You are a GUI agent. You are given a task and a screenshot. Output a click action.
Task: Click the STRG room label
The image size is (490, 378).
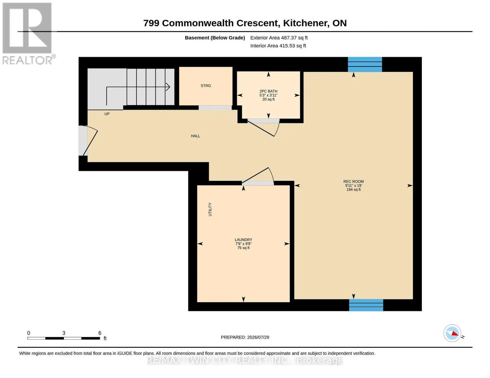(206, 86)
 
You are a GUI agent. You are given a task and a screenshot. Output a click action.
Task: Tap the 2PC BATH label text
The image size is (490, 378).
(268, 91)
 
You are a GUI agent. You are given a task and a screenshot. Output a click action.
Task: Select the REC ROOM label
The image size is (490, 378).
(353, 181)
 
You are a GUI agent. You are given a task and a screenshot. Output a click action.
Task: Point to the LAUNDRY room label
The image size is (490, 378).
(243, 240)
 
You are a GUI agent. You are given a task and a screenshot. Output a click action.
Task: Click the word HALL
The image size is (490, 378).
(195, 136)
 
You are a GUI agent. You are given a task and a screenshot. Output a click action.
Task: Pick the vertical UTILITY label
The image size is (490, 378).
(210, 209)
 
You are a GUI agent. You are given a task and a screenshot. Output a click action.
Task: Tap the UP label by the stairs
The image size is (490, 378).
(107, 114)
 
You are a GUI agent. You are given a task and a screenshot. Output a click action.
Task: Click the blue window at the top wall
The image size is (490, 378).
(365, 64)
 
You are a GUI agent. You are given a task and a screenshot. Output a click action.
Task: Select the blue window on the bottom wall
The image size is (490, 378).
(366, 305)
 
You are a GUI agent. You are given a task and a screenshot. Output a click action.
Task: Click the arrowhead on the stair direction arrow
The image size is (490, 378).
(168, 87)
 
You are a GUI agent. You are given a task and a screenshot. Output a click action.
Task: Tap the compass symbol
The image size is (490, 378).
(452, 333)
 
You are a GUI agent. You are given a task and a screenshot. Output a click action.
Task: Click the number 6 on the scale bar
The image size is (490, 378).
(100, 333)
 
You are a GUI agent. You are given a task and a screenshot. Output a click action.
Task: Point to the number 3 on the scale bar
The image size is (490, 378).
(64, 333)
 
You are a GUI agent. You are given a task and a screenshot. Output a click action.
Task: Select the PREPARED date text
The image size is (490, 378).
(245, 337)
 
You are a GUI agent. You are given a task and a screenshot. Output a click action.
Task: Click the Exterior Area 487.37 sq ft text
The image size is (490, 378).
(279, 38)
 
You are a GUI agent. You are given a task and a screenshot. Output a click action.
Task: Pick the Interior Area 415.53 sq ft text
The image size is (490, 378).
(278, 46)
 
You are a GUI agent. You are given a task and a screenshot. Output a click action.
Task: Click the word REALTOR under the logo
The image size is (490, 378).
(27, 60)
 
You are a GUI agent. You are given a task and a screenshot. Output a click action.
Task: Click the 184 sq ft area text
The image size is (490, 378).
(353, 190)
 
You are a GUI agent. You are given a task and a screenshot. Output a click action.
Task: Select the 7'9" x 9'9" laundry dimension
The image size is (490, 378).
(243, 244)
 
